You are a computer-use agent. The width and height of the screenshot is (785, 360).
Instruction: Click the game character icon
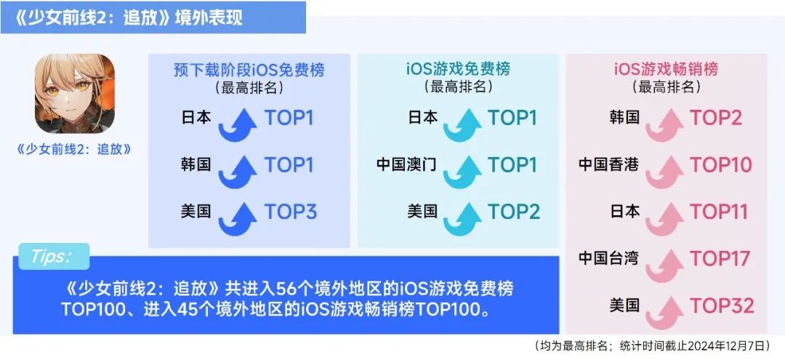pos(75,94)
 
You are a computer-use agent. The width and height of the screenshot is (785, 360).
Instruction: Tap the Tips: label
pos(51,256)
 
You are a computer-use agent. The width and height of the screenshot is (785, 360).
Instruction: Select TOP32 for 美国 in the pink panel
pos(722,306)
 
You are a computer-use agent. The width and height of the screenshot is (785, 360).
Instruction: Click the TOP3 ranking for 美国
pos(291,212)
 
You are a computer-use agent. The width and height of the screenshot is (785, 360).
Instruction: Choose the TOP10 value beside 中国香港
pos(721,165)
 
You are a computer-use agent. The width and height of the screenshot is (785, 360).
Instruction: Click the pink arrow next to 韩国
pos(665,125)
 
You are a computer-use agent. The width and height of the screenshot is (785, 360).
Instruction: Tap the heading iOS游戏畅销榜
pos(666,69)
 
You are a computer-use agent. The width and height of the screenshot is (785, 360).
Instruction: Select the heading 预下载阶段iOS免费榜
pos(249,69)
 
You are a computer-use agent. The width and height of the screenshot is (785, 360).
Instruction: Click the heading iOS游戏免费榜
pos(458,69)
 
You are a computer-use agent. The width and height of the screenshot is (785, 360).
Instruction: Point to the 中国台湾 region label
pos(609,259)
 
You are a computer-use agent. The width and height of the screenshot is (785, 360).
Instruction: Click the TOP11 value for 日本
pos(719,212)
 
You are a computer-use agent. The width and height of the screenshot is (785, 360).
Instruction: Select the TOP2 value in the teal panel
pos(514,212)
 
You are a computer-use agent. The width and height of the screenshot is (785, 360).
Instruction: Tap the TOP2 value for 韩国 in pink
pos(716,118)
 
